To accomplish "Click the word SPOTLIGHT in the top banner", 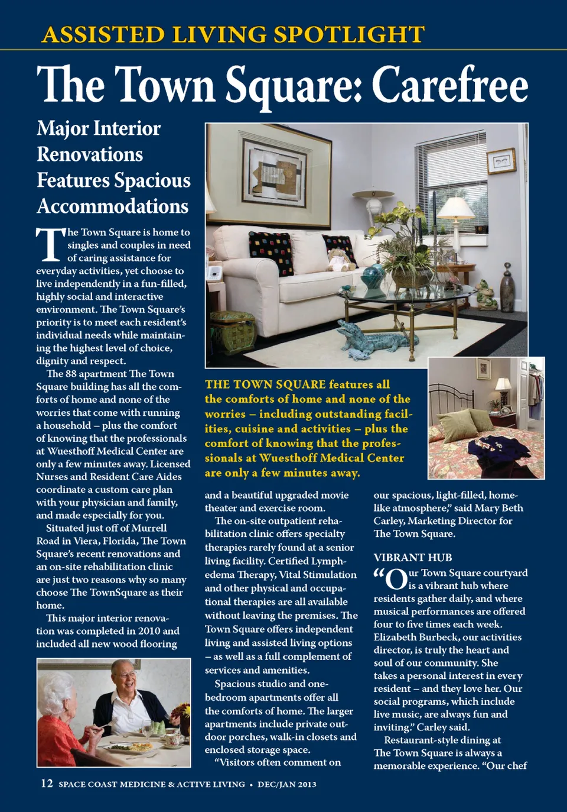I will [x=349, y=35].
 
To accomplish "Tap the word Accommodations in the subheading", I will [x=112, y=206].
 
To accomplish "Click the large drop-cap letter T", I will [x=49, y=244].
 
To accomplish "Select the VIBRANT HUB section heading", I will [x=413, y=558].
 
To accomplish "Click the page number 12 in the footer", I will [x=47, y=784].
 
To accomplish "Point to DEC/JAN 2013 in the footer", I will [x=287, y=785].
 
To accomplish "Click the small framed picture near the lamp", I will [x=501, y=161].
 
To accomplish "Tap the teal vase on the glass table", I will [x=373, y=276].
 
